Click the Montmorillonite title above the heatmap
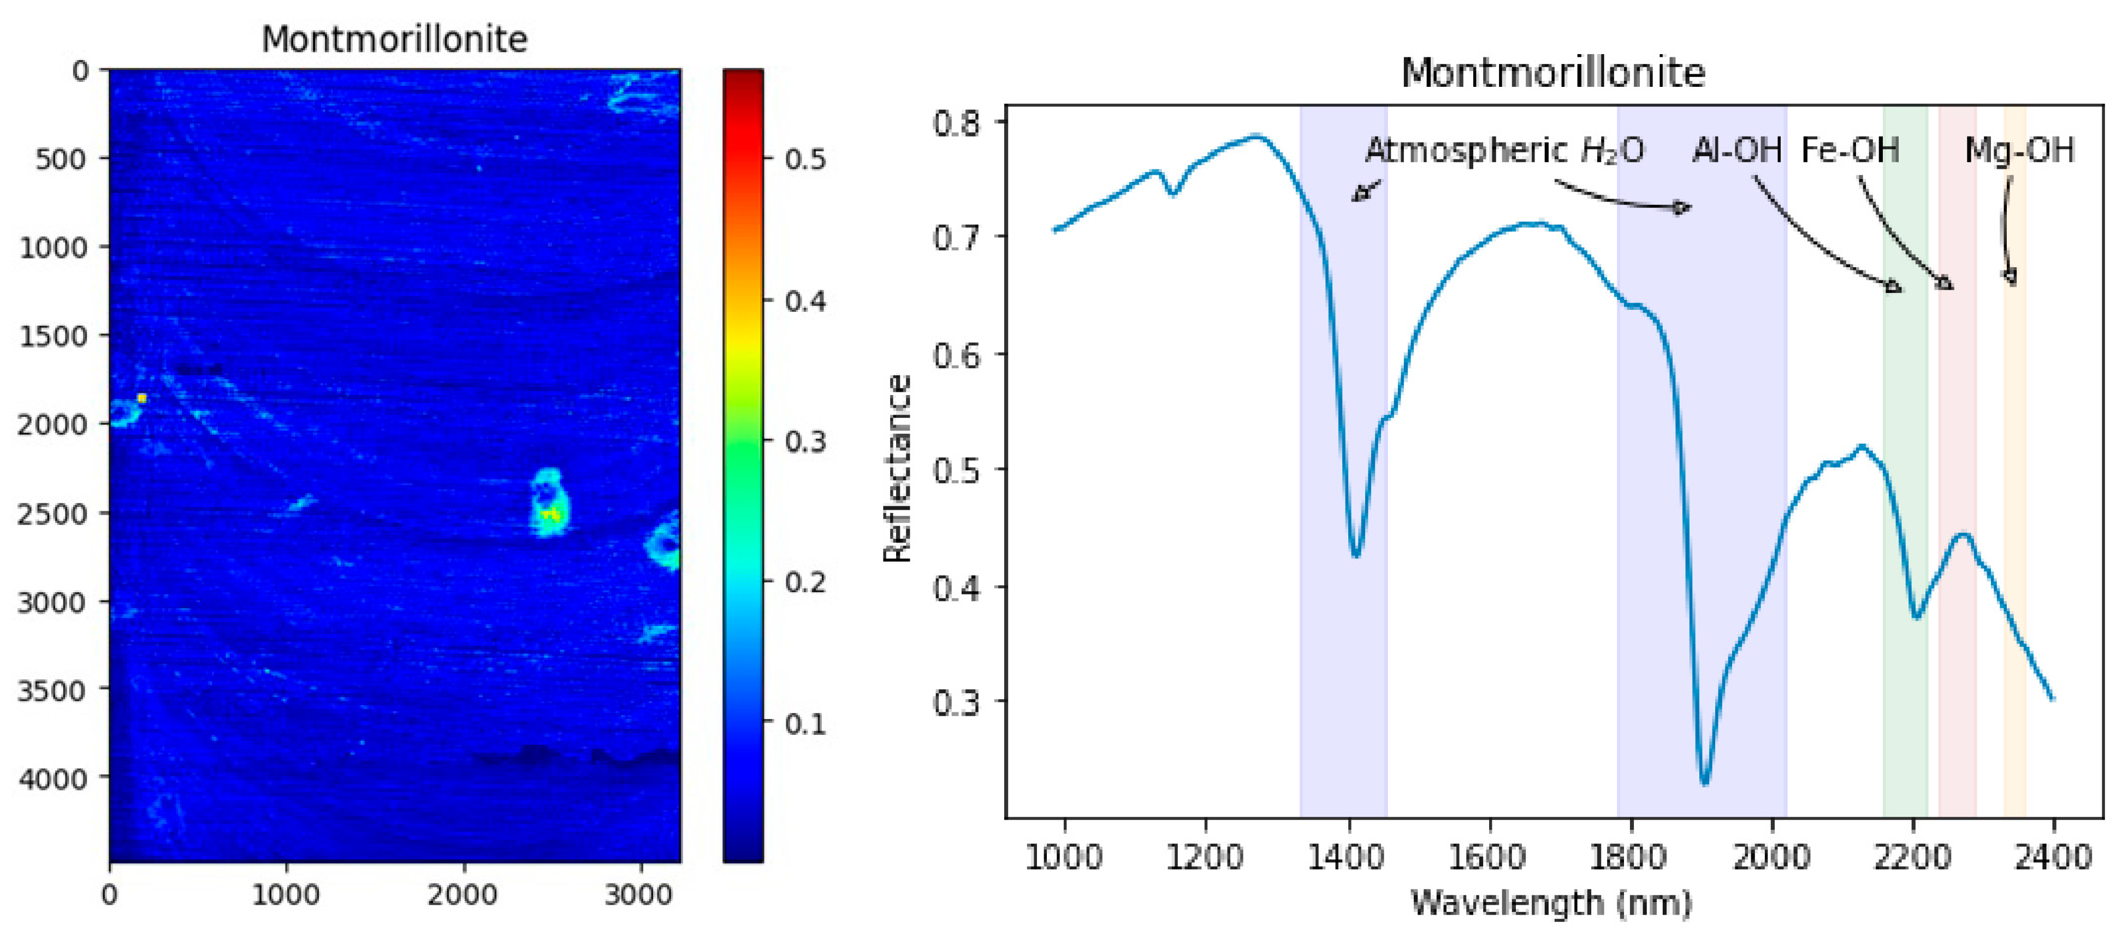[x=394, y=39]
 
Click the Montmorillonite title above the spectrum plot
[x=1552, y=73]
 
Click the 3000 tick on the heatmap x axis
[x=638, y=895]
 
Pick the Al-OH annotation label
[x=1736, y=150]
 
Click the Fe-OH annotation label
[x=1850, y=150]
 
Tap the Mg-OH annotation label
[x=2019, y=150]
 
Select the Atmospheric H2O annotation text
[x=1504, y=150]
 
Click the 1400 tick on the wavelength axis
[x=1347, y=857]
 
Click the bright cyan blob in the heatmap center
[x=548, y=502]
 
